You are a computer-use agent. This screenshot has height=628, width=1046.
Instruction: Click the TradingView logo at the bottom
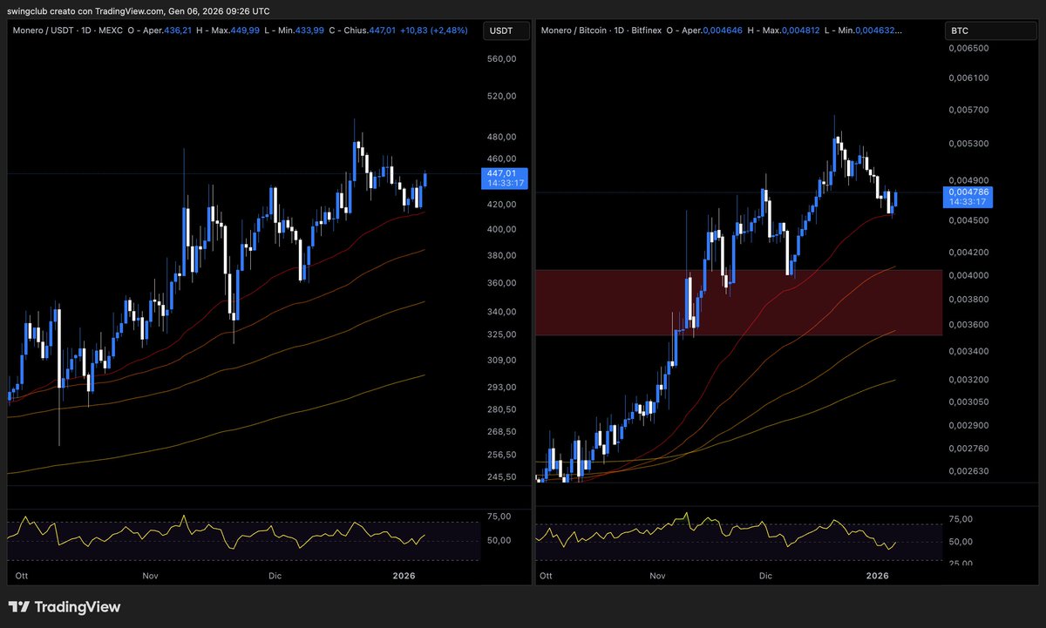(x=65, y=607)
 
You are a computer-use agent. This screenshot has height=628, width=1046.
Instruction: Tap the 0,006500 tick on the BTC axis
(x=968, y=49)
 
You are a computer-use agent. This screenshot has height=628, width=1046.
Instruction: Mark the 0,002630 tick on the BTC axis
(x=968, y=471)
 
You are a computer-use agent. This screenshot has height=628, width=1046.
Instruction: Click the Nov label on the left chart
(x=151, y=577)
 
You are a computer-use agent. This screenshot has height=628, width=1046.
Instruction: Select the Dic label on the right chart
(x=766, y=577)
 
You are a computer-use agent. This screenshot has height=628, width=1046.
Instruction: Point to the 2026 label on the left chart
(x=404, y=577)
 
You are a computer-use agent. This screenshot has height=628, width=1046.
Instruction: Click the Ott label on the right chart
(x=547, y=577)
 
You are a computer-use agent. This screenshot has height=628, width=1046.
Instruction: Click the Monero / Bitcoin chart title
(x=575, y=31)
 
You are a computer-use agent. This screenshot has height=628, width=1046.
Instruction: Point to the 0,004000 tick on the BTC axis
(x=968, y=275)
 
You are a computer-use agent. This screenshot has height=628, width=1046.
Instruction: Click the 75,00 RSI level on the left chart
(x=499, y=517)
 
